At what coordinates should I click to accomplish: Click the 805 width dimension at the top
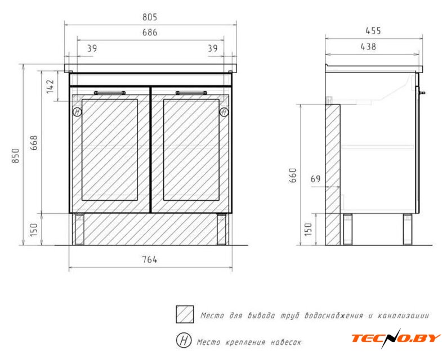pyautogui.click(x=150, y=17)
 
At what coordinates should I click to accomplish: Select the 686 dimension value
pyautogui.click(x=150, y=33)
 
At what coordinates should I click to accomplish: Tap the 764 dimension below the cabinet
pyautogui.click(x=150, y=259)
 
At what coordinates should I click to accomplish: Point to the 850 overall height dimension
pyautogui.click(x=16, y=156)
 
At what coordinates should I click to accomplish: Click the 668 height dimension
pyautogui.click(x=34, y=143)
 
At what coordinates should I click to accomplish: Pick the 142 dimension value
pyautogui.click(x=50, y=86)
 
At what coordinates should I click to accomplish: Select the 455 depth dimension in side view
pyautogui.click(x=373, y=31)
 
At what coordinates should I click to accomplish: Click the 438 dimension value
pyautogui.click(x=368, y=47)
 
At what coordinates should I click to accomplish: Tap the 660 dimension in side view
pyautogui.click(x=293, y=175)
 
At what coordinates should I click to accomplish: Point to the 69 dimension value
pyautogui.click(x=316, y=179)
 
